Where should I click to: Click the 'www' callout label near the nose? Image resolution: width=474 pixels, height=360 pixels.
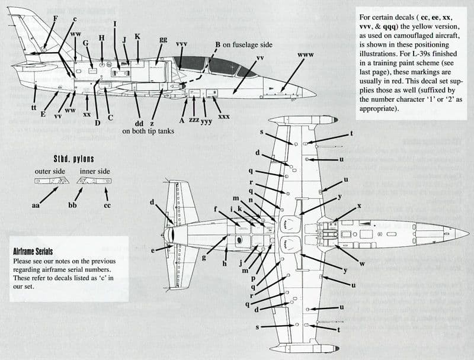click(x=306, y=55)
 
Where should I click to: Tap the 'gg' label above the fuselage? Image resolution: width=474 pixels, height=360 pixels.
click(x=162, y=40)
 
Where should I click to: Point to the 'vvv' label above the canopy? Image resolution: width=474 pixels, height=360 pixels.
click(x=182, y=45)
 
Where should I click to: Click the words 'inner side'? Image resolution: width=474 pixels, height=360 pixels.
click(x=95, y=172)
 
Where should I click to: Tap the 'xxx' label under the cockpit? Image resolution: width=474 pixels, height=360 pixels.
click(x=223, y=117)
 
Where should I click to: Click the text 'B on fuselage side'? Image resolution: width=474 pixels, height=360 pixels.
click(x=243, y=44)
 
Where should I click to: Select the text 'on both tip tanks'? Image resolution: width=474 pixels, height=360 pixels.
click(x=148, y=131)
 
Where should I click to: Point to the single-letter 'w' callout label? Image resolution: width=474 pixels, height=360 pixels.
click(x=362, y=263)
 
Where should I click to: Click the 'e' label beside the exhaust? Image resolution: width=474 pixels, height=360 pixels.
click(x=153, y=251)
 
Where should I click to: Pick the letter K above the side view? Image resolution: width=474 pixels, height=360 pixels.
click(x=137, y=37)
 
